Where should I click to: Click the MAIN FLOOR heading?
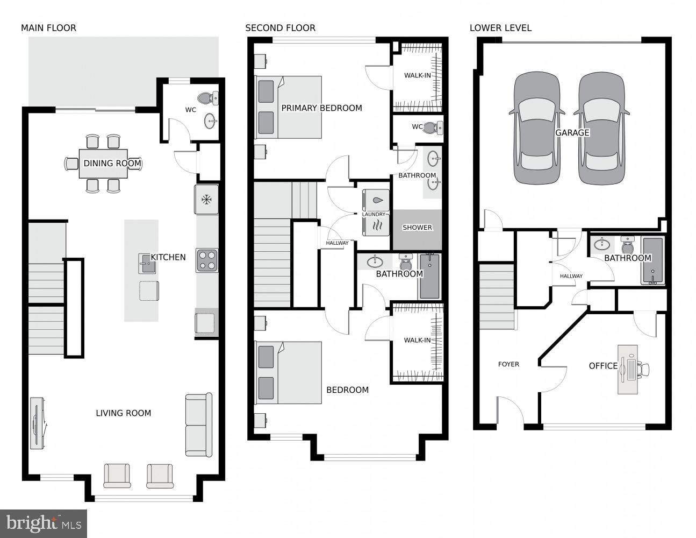click(48, 28)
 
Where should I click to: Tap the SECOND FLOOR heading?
click(280, 28)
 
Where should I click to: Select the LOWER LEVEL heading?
click(500, 28)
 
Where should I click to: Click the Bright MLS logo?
click(44, 523)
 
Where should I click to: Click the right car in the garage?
click(601, 129)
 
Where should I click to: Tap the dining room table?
click(103, 164)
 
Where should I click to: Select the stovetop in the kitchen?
click(206, 260)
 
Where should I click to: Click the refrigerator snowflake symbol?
click(206, 200)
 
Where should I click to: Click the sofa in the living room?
click(198, 425)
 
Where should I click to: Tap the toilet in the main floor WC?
click(208, 98)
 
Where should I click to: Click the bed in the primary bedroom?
click(289, 108)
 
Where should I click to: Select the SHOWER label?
click(417, 228)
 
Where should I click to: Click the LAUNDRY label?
click(374, 214)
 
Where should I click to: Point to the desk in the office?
click(627, 369)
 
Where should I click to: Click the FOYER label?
click(508, 364)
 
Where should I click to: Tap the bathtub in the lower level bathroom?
click(652, 260)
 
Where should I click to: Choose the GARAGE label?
click(572, 132)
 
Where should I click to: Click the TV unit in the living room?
click(37, 423)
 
